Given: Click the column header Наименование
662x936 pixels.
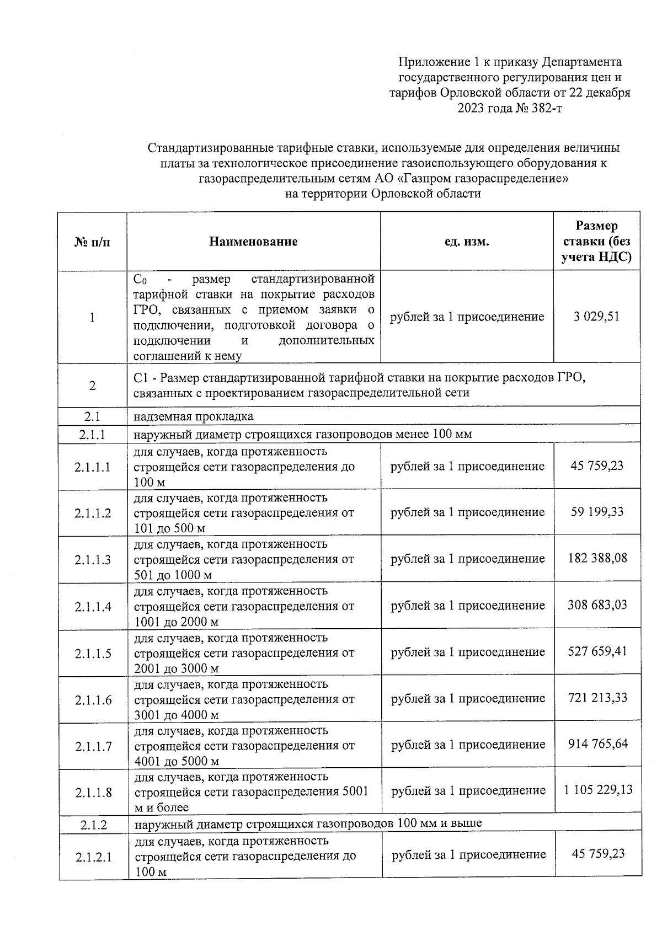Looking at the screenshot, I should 253,242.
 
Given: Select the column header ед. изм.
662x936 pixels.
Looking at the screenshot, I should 467,242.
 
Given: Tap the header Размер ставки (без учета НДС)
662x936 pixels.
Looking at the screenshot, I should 596,242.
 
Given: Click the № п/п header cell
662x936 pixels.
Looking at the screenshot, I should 92,242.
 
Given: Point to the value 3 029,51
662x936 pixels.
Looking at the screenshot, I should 596,317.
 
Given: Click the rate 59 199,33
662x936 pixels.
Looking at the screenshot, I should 597,512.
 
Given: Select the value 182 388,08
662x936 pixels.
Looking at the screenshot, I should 597,558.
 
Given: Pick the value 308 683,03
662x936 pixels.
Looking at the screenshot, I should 597,605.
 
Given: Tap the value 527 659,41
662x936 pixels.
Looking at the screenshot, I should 597,651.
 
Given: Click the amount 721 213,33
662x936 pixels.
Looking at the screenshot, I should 597,698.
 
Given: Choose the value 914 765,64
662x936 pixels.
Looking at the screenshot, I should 597,744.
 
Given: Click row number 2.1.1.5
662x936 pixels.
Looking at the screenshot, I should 93,654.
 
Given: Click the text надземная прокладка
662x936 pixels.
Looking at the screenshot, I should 194,416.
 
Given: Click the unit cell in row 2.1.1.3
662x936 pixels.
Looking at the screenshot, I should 468,559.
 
